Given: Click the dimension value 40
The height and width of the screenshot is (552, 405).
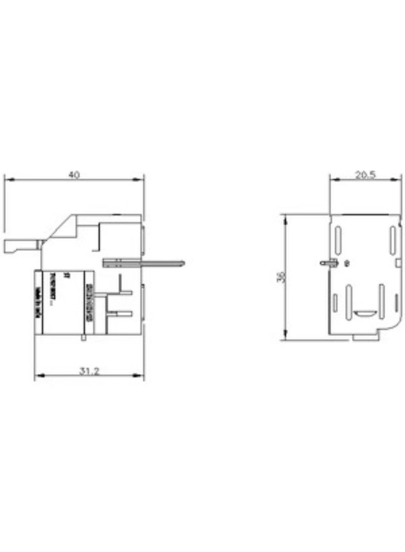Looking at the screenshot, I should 74,175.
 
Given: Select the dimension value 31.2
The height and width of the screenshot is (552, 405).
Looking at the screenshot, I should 89,371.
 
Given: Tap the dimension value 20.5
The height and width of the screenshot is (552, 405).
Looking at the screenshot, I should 365,175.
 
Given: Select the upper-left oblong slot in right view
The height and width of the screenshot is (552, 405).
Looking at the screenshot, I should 337,238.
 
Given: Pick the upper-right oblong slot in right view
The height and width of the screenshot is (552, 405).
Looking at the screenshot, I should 392,238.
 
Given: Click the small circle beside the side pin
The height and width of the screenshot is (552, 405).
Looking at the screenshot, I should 347,263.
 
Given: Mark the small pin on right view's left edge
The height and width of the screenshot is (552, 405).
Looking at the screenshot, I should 328,263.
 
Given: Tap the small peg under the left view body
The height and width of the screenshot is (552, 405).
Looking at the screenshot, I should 84,337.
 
